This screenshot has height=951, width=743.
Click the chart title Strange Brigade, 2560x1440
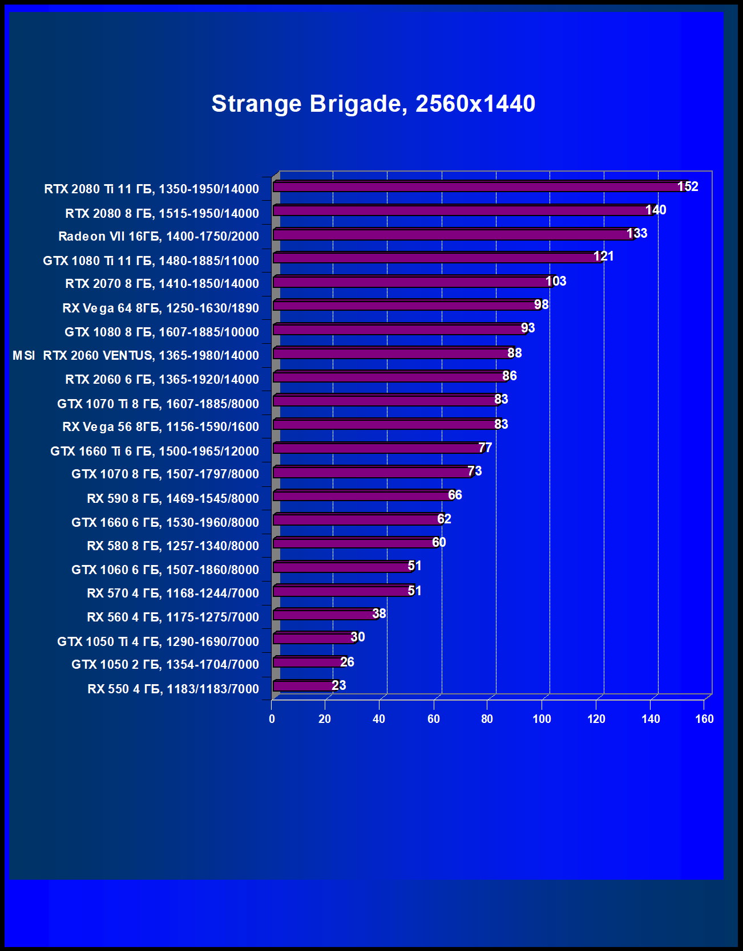click(x=373, y=104)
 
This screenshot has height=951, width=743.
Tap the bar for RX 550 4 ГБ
click(x=302, y=685)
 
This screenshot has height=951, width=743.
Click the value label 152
click(x=688, y=186)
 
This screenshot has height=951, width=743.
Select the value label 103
click(x=556, y=281)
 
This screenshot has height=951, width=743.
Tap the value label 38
click(x=379, y=613)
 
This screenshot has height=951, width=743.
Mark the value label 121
click(x=604, y=257)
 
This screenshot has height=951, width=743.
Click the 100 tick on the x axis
click(x=542, y=719)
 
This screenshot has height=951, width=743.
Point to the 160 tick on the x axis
click(x=704, y=719)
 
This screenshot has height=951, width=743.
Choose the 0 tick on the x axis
click(x=272, y=719)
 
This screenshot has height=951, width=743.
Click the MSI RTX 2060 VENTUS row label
click(x=136, y=355)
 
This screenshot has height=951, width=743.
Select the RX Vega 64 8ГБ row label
click(x=160, y=308)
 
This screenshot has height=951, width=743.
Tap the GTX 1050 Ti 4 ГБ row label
click(x=158, y=641)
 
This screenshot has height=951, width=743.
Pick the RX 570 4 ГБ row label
click(x=173, y=593)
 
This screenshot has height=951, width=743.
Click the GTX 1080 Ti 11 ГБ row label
click(x=151, y=261)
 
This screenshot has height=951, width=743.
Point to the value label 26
click(x=347, y=662)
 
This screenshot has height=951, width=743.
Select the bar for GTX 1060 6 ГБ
click(x=341, y=567)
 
